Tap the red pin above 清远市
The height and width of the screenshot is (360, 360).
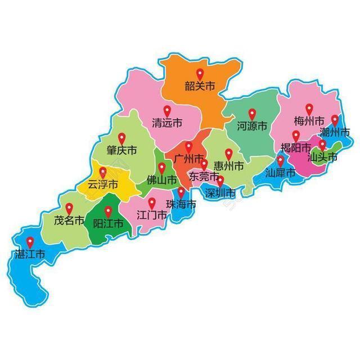[167, 111]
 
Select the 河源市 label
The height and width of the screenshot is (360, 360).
[251, 127]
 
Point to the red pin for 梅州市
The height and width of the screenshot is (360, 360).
[309, 109]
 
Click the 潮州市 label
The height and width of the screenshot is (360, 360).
[335, 132]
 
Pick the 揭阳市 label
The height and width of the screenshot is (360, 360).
[295, 148]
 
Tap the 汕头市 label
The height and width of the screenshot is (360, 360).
[322, 157]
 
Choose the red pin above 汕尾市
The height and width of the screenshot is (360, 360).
[280, 161]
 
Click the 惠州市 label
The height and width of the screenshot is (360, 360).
[229, 166]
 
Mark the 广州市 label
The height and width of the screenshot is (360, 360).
[189, 159]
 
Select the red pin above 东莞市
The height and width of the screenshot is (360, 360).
[204, 164]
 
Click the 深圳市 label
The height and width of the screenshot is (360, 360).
[220, 193]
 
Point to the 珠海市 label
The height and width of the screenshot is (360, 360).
[181, 204]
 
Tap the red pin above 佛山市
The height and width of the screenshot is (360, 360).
[161, 168]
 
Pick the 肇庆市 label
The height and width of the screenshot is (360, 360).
[121, 151]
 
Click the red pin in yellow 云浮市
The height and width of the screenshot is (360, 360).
[102, 172]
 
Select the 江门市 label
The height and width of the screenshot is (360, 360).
[152, 215]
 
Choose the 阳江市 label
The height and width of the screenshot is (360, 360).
[107, 223]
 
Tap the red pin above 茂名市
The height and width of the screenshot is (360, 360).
[69, 208]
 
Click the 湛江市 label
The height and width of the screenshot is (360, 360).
[30, 255]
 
